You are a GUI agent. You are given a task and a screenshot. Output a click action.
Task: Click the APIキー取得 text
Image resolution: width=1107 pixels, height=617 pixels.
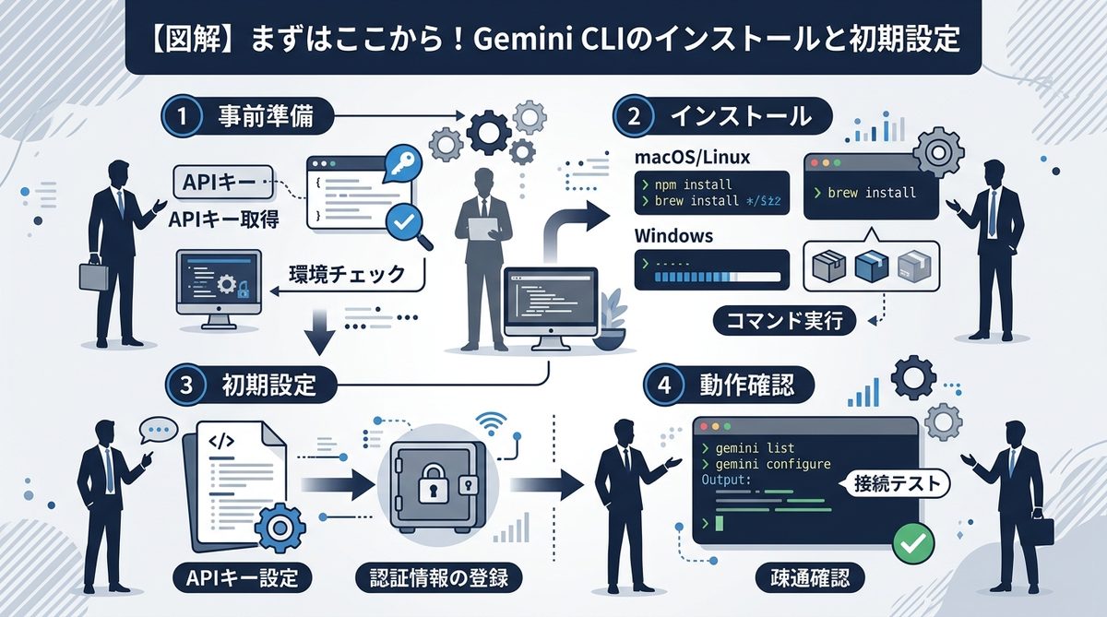tap(222, 220)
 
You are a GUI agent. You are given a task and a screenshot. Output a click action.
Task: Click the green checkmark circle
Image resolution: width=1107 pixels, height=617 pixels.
tap(913, 544)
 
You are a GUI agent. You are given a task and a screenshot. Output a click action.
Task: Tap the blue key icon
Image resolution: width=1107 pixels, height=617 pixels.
tap(404, 165)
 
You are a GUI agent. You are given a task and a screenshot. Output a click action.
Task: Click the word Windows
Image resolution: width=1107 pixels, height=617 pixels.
tap(673, 236)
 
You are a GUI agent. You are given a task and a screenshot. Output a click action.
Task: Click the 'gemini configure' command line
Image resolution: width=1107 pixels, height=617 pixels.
tap(766, 464)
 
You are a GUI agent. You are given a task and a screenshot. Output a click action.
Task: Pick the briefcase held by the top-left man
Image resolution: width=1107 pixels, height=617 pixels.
tap(89, 276)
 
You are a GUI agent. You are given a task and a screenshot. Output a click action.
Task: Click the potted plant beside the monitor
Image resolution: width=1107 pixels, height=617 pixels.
tap(609, 318)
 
